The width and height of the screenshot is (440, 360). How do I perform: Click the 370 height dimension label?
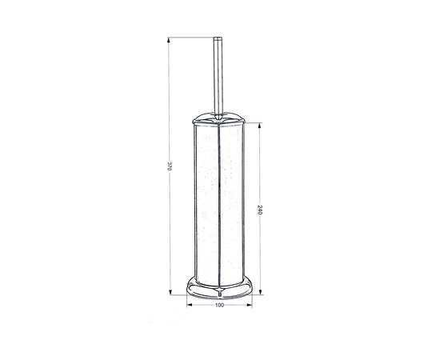[169, 166]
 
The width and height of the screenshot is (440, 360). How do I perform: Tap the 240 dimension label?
[259, 210]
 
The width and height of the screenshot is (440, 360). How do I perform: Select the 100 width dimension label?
[219, 305]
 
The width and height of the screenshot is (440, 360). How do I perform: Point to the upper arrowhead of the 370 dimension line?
[169, 40]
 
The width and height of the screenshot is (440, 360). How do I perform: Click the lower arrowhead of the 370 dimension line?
[170, 292]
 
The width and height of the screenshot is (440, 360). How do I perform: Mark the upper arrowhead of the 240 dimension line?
[259, 126]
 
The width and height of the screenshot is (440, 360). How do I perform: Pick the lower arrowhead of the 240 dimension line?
[261, 292]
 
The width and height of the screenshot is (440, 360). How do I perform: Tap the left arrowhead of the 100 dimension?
[190, 305]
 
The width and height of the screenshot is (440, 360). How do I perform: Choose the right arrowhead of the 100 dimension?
[249, 305]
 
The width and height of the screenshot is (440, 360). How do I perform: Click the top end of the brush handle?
[218, 38]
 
